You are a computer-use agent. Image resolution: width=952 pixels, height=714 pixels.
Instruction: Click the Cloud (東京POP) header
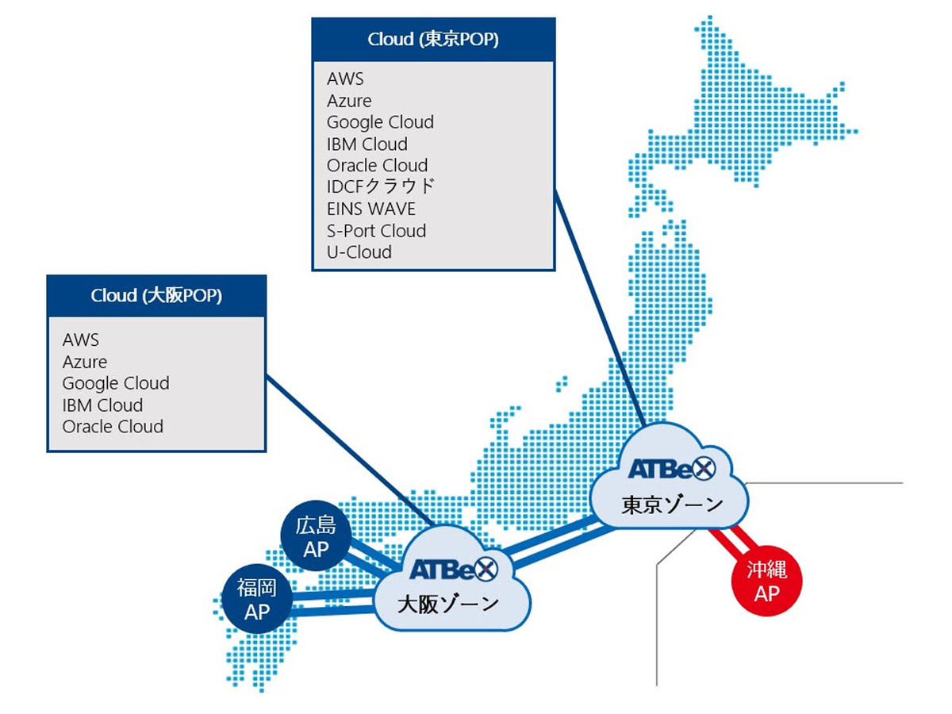[433, 40]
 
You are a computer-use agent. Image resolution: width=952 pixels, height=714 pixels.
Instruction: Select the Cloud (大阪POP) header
[156, 296]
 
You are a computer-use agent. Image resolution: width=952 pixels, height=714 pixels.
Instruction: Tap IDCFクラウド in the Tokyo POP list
[381, 187]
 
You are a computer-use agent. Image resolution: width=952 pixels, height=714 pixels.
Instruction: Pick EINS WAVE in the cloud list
[370, 209]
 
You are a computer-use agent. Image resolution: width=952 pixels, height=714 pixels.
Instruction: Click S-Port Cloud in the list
[376, 231]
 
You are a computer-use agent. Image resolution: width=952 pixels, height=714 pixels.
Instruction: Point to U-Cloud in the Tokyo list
[359, 252]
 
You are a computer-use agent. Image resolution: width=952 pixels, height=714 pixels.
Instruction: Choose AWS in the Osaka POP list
[81, 340]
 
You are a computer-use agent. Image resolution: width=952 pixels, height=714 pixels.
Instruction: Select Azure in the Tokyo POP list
[349, 101]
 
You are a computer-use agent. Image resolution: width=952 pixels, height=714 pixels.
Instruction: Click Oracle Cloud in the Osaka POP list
[113, 426]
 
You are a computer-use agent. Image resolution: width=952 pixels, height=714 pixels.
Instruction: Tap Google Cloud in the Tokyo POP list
[380, 122]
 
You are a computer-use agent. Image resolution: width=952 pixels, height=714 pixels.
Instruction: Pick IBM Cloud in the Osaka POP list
[102, 405]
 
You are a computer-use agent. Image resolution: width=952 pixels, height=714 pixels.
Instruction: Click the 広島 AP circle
[316, 537]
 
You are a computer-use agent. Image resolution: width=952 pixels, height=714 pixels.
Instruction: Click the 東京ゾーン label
[672, 505]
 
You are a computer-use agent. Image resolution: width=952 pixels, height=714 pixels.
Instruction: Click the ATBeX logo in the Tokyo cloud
[671, 469]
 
